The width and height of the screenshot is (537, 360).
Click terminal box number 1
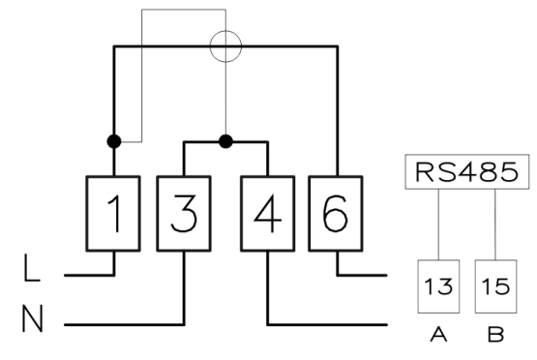pos(113,214)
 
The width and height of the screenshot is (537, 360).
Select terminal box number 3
pos(184,214)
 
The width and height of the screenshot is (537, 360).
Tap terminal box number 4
pos(268,214)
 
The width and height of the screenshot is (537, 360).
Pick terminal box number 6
pos(336,214)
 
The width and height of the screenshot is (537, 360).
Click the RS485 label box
pos(467,171)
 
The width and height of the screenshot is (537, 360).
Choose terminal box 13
pos(438,286)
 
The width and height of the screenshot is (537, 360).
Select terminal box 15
pos(496,286)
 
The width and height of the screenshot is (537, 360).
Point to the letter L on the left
pos(32,267)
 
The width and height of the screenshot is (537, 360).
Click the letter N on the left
pos(33,318)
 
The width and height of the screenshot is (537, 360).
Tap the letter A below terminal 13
pos(438,334)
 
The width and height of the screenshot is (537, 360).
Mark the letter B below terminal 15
pos(496,334)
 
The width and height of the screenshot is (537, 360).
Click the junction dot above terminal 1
pos(114,141)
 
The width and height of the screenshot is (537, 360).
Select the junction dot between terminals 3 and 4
pos(225,141)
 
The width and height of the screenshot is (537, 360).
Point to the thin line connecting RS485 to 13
pos(438,225)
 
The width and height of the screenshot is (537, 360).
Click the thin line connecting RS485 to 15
pos(495,225)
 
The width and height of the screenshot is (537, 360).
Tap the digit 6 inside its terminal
pos(336,213)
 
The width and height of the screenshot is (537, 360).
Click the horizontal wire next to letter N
pos(124,324)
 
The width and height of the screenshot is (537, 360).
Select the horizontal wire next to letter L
pos(89,275)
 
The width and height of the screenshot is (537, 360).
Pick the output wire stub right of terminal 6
pos(362,275)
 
